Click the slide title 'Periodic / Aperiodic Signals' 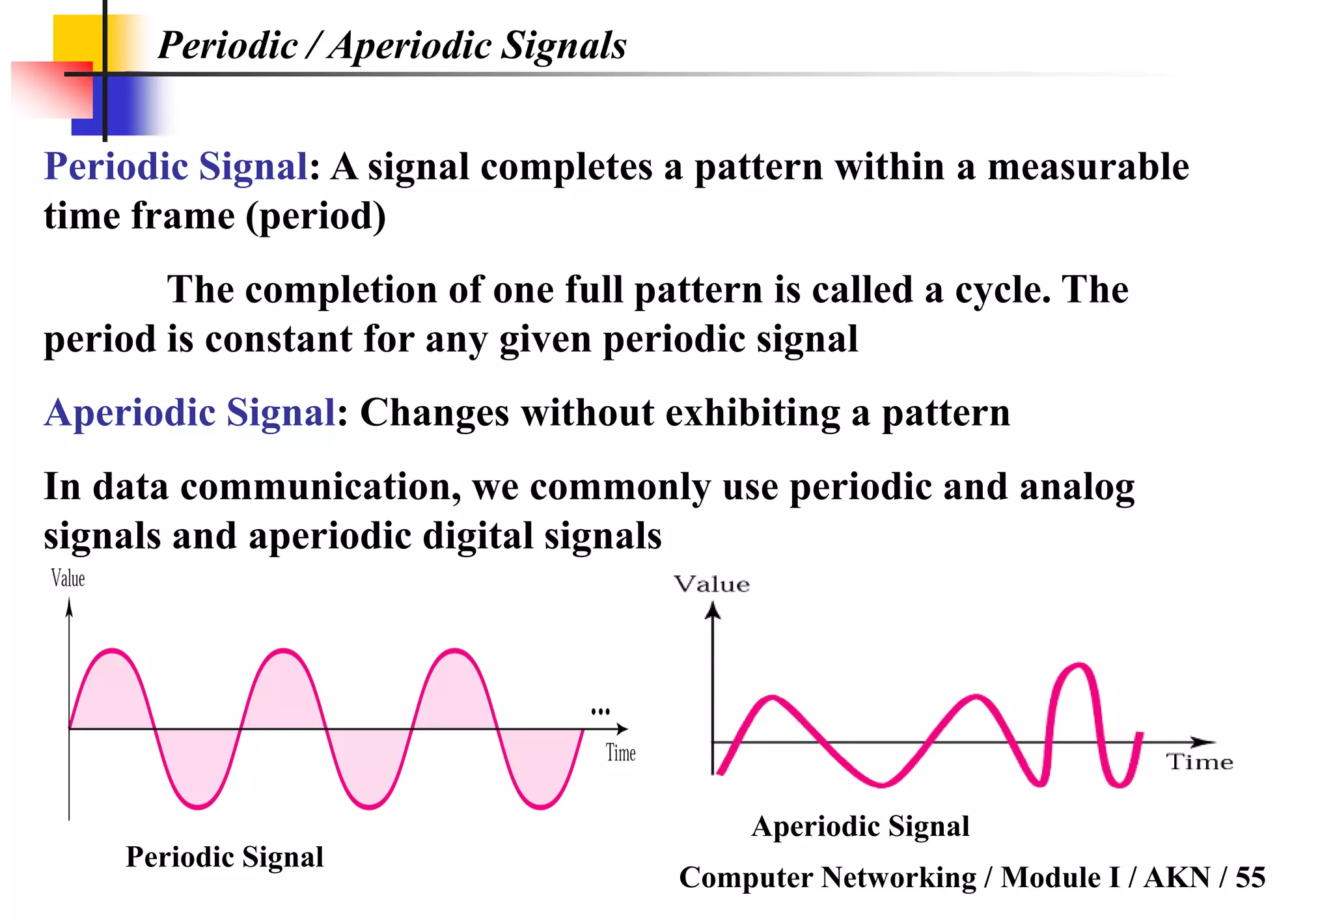click(392, 46)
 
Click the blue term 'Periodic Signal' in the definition click(175, 167)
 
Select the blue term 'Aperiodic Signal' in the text click(189, 413)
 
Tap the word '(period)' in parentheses click(316, 216)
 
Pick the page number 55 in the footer click(1250, 877)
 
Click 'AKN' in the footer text click(1177, 877)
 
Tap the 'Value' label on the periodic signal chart click(68, 578)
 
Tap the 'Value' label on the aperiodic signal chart click(711, 584)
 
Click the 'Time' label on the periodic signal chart click(620, 753)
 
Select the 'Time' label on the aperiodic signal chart click(1199, 762)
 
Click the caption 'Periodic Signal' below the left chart click(225, 857)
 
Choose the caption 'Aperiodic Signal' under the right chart click(860, 826)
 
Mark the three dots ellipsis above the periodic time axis click(600, 711)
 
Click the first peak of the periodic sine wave click(113, 650)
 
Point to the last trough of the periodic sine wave click(540, 807)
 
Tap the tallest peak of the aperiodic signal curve click(1079, 665)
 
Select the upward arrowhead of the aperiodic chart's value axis click(713, 610)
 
